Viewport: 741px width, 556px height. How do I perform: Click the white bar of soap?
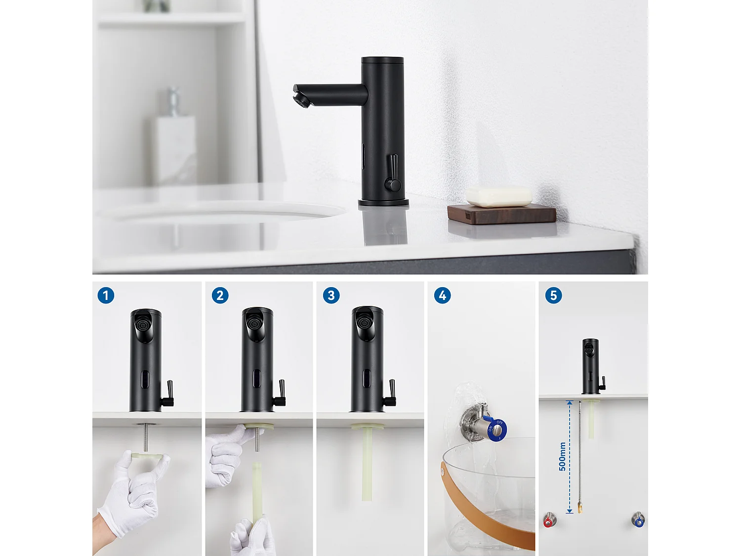click(x=499, y=196)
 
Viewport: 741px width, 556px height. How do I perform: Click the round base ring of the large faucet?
click(x=383, y=202)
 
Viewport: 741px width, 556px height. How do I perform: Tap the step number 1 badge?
click(x=106, y=296)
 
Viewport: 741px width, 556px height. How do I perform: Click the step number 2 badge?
click(x=220, y=296)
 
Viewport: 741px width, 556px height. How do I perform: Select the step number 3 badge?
click(x=331, y=296)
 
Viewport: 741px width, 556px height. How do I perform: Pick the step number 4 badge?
click(x=442, y=296)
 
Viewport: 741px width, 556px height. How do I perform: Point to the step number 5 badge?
click(x=553, y=296)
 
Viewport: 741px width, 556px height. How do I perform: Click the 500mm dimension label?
click(x=562, y=456)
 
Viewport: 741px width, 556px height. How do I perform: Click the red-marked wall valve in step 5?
click(x=549, y=521)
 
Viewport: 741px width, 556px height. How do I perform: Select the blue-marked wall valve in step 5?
click(x=638, y=520)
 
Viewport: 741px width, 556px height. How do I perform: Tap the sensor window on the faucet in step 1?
click(x=144, y=380)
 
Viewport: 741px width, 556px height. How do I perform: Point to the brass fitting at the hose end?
click(x=579, y=507)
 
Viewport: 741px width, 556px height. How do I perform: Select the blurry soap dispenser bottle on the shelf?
click(x=174, y=143)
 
